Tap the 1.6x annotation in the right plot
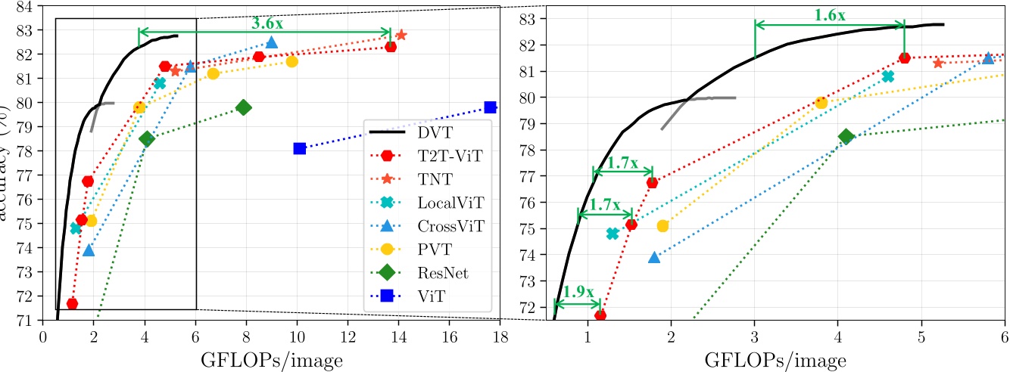(831, 14)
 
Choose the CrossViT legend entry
(450, 226)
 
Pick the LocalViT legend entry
(450, 203)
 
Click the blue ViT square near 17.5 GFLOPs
(490, 107)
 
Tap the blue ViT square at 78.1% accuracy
(299, 148)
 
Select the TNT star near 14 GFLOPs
(401, 35)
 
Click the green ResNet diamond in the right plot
(846, 136)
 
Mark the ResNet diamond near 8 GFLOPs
(243, 107)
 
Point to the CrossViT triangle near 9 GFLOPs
(271, 42)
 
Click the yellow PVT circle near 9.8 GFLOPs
(291, 61)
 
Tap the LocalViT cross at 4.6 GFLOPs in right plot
(887, 76)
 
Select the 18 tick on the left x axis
(500, 333)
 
